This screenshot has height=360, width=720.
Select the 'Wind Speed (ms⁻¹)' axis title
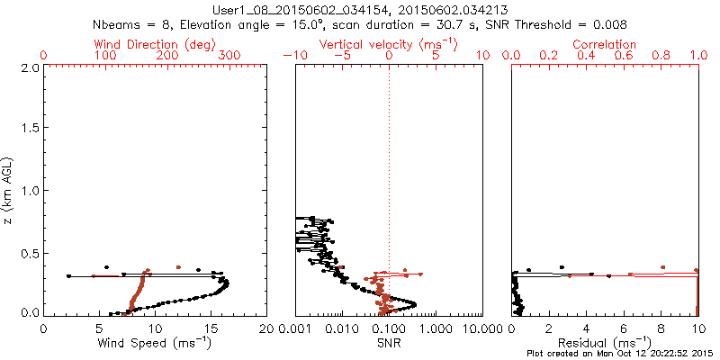pos(155,343)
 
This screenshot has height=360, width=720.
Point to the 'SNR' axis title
pos(389,343)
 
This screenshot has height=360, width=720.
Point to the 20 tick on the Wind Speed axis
pos(266,328)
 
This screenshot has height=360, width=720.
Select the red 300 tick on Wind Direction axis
pos(229,56)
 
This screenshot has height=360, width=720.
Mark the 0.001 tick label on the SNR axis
pos(297,328)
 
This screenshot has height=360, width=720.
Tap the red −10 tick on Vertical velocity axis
pos(292,56)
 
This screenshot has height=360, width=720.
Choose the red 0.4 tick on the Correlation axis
pos(586,56)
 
